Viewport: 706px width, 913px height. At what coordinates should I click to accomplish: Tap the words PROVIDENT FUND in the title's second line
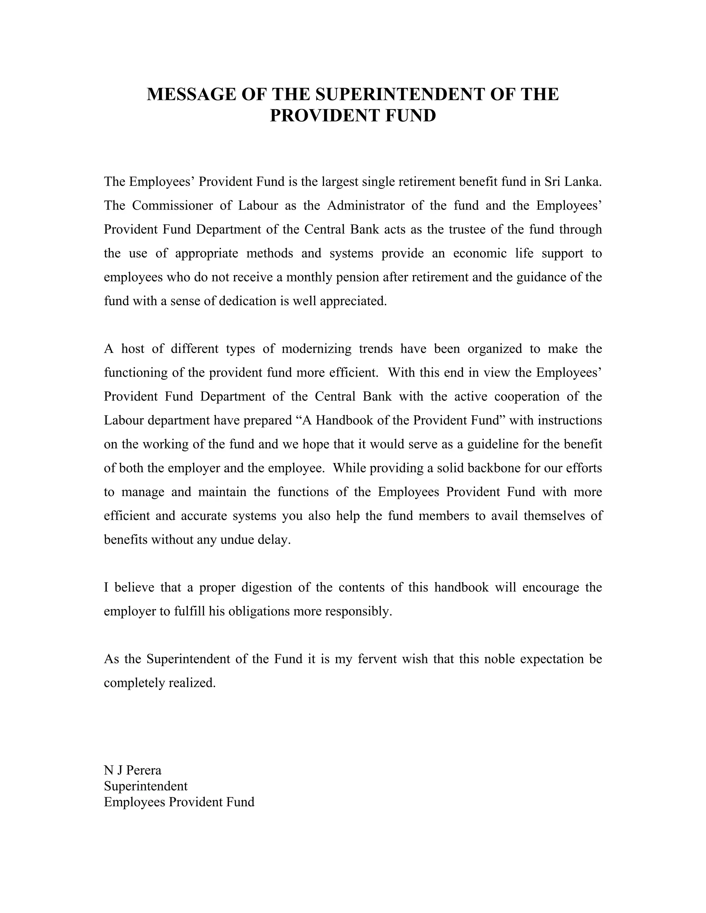(353, 116)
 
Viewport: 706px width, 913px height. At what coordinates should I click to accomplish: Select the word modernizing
(316, 349)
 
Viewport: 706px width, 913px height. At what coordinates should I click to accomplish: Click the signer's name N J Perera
(133, 770)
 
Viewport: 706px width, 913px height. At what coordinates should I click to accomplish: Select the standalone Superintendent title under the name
(145, 786)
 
